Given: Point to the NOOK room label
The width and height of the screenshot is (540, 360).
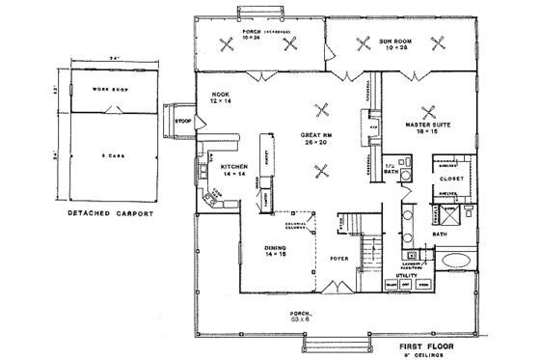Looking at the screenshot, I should tap(219, 95).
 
